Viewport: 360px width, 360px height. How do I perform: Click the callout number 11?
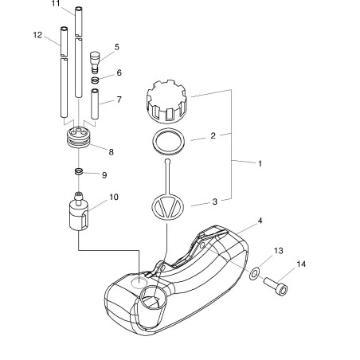56,4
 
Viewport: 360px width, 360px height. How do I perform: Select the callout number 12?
37,35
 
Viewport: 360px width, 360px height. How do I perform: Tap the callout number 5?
117,47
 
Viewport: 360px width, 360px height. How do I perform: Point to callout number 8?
111,152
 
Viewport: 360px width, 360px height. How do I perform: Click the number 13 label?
279,251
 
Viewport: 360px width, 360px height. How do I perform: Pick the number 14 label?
301,264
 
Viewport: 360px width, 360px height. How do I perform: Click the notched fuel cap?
166,101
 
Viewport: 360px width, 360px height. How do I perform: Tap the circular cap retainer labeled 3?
167,207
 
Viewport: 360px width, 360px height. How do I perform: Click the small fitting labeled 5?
95,62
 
